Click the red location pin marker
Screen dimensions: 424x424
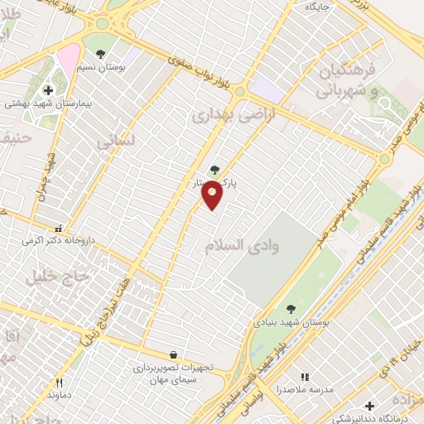(213, 195)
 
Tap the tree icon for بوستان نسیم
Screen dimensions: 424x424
(100, 54)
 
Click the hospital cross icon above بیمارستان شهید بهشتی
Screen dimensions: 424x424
(48, 89)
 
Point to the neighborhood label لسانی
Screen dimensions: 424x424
(115, 142)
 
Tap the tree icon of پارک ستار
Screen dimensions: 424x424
(214, 170)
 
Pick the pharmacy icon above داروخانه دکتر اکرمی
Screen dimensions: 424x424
(57, 228)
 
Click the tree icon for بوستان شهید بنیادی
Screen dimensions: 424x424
(289, 308)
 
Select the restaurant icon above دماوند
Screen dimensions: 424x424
(59, 382)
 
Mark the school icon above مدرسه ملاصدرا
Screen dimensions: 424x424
(304, 377)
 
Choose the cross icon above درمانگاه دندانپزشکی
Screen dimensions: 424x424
(369, 406)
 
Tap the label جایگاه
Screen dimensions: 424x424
(318, 7)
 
